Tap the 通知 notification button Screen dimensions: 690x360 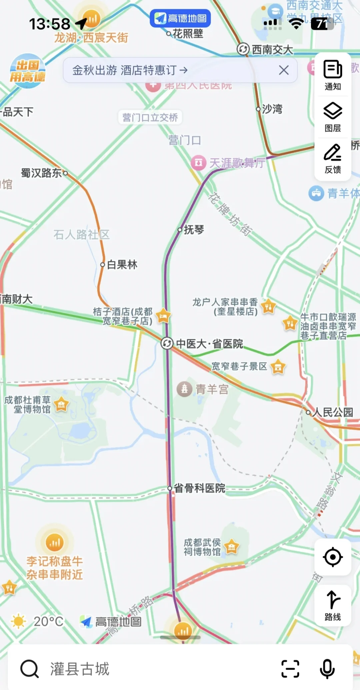click(333, 75)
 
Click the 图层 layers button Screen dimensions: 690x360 click(333, 117)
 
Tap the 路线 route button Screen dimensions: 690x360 click(333, 605)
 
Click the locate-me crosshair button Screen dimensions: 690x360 click(333, 557)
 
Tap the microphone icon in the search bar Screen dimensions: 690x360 click(327, 668)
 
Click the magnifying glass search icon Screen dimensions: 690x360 click(30, 668)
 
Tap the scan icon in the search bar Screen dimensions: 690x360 click(290, 668)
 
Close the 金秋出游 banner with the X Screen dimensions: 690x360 click(284, 70)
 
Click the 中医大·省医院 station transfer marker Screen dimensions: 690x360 click(167, 343)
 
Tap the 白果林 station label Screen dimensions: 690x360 click(122, 265)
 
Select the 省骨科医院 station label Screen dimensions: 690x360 click(199, 488)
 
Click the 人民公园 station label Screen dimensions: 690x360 click(332, 412)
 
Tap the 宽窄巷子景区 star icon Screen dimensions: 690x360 click(278, 367)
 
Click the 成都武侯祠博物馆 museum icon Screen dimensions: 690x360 click(232, 547)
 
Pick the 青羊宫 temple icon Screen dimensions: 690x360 click(184, 389)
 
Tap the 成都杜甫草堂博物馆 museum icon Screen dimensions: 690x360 click(61, 404)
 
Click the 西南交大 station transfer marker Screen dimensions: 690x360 click(243, 49)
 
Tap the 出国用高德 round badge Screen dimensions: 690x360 click(27, 71)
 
